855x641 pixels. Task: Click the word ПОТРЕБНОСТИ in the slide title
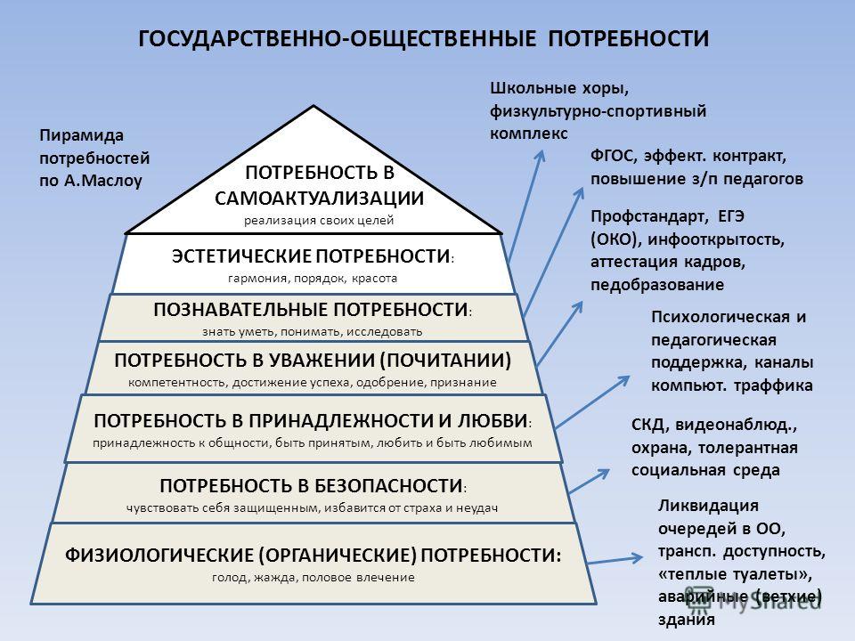click(628, 39)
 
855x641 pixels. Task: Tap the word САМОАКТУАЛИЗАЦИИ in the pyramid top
click(319, 198)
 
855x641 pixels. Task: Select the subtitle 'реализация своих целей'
click(319, 221)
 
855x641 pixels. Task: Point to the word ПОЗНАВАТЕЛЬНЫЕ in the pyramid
click(241, 310)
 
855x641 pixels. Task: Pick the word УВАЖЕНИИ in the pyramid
click(322, 361)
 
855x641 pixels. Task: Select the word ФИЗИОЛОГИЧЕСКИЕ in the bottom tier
click(159, 555)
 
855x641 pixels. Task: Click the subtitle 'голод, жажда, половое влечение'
click(313, 577)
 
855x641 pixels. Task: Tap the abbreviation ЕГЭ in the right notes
click(731, 216)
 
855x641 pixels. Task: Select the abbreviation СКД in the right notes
click(647, 426)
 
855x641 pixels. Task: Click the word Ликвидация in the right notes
click(708, 506)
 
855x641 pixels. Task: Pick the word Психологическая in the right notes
click(721, 317)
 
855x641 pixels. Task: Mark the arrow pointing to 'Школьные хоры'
click(526, 206)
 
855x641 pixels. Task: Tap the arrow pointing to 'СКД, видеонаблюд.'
click(589, 481)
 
